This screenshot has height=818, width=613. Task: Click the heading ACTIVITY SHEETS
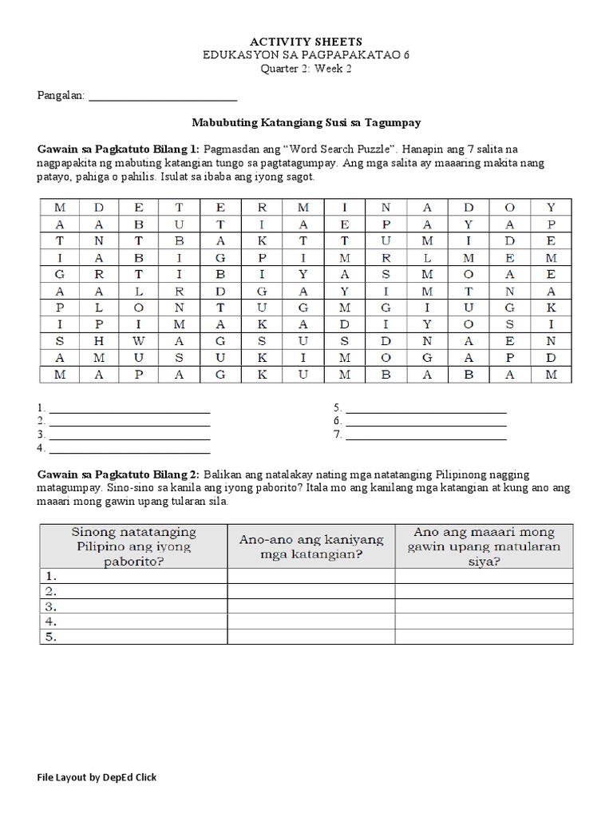pyautogui.click(x=306, y=41)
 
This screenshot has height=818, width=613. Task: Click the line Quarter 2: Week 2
pyautogui.click(x=306, y=69)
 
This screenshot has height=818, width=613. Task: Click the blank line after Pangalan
pyautogui.click(x=162, y=97)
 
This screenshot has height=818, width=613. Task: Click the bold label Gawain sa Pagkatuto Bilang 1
pyautogui.click(x=120, y=149)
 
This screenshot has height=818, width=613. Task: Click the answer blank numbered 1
pyautogui.click(x=129, y=409)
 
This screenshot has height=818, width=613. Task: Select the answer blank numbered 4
pyautogui.click(x=129, y=450)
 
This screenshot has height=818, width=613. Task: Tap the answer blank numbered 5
pyautogui.click(x=425, y=409)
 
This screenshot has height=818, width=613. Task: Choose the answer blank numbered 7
pyautogui.click(x=425, y=436)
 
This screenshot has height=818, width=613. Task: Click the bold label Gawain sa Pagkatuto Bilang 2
pyautogui.click(x=120, y=475)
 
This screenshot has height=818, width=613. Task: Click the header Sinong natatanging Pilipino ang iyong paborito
pyautogui.click(x=133, y=546)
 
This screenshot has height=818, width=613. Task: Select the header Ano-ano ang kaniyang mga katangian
pyautogui.click(x=311, y=546)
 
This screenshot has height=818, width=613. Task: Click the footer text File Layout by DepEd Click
pyautogui.click(x=97, y=777)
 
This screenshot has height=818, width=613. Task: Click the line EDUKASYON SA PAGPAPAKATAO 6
pyautogui.click(x=306, y=54)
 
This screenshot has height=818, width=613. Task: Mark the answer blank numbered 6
pyautogui.click(x=425, y=423)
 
